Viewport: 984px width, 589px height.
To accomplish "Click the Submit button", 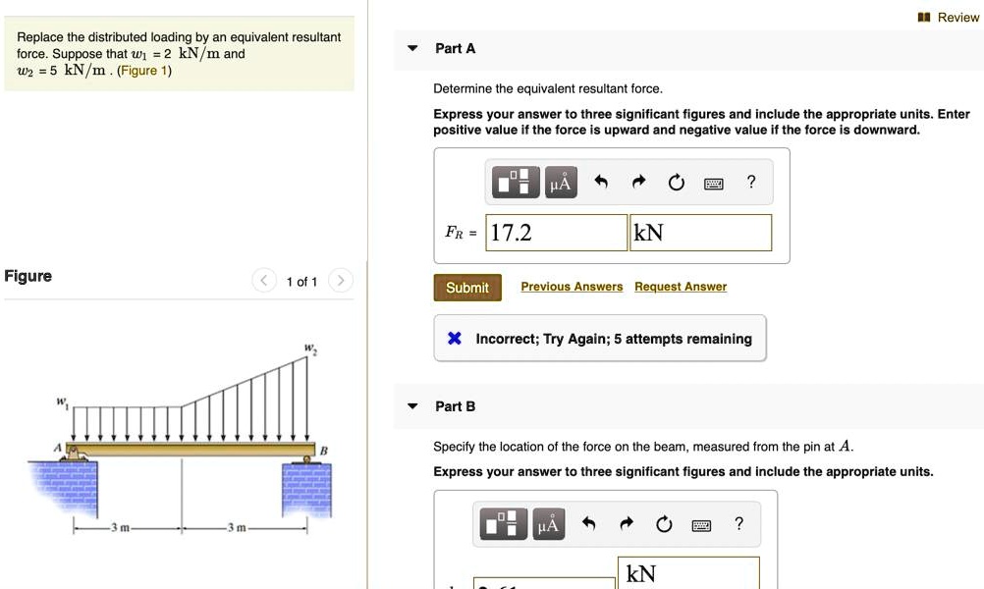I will [467, 288].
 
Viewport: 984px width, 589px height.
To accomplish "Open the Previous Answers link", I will [572, 287].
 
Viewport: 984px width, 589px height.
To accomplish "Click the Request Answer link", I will [681, 287].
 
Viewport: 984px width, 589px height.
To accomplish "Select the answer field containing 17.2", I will [557, 233].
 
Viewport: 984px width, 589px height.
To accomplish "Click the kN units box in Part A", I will [700, 233].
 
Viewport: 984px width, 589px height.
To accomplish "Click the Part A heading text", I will [456, 48].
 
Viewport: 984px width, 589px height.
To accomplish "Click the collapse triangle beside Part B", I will [413, 406].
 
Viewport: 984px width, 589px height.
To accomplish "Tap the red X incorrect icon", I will [454, 339].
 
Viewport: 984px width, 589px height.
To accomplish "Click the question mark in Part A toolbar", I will [751, 182].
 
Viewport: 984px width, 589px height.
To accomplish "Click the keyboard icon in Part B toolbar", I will [700, 525].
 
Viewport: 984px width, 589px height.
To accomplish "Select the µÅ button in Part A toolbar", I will [561, 183].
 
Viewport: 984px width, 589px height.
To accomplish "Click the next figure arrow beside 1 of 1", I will [340, 282].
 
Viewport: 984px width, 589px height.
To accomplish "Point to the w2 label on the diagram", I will [309, 348].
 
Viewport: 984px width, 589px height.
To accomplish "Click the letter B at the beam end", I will [323, 450].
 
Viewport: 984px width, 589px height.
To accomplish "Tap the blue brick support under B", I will [307, 489].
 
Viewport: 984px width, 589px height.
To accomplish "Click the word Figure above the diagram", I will [28, 276].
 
